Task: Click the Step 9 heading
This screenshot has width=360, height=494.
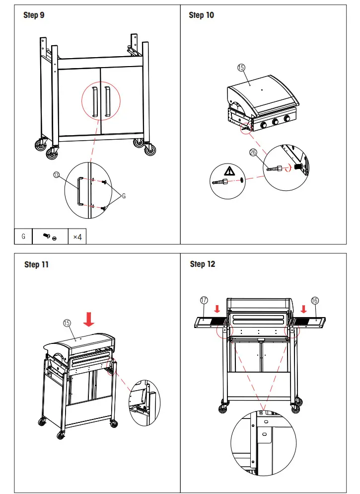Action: (34, 15)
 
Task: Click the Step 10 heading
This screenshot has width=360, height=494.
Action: (202, 15)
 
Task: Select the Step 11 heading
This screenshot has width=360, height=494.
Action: (37, 264)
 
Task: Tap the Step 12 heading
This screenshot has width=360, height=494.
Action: (203, 264)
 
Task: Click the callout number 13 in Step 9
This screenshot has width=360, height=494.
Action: (56, 174)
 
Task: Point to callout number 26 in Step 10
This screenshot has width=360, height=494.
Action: (253, 153)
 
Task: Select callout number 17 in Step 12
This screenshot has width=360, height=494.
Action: (204, 300)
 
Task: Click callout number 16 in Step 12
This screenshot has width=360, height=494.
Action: (315, 300)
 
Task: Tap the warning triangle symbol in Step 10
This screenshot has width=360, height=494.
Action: (229, 171)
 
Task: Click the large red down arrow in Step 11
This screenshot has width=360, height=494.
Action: (89, 319)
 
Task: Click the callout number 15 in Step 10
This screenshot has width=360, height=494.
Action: (241, 68)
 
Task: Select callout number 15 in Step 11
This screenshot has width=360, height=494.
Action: (67, 323)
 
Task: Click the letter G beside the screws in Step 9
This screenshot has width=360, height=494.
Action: (124, 196)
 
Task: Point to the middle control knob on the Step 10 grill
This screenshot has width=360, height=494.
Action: (275, 122)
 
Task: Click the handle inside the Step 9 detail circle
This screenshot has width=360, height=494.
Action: (78, 190)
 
